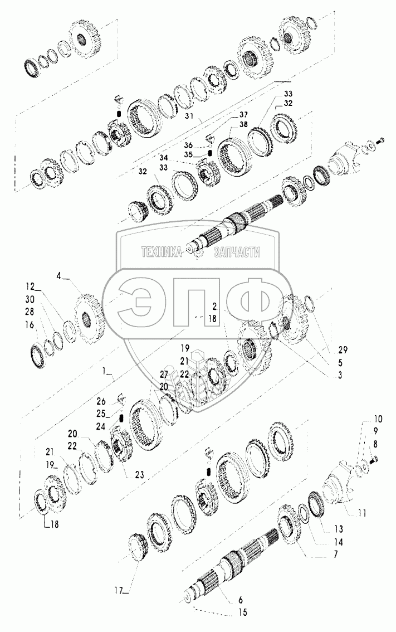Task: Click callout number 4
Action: click(59, 276)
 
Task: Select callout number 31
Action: click(189, 116)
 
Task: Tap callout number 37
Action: click(243, 115)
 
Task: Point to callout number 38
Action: click(243, 124)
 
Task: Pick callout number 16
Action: click(30, 325)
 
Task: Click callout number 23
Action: click(139, 475)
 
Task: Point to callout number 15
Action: click(242, 613)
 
